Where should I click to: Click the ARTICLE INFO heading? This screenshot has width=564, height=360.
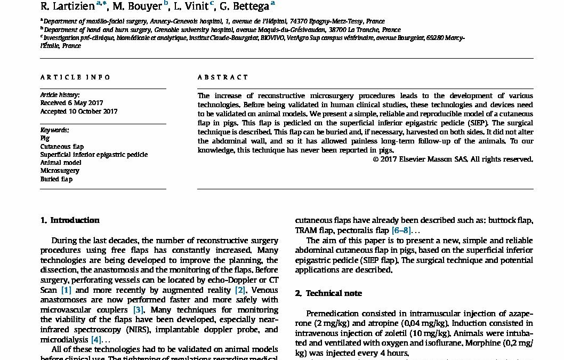(x=75, y=77)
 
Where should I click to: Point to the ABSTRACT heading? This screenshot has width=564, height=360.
(x=223, y=77)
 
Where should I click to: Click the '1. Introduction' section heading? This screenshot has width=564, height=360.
(x=70, y=220)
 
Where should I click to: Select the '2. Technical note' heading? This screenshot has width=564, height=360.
(x=328, y=293)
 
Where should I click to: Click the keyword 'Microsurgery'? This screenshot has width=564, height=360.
(x=60, y=171)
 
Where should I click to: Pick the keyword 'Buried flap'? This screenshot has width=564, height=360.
(x=57, y=179)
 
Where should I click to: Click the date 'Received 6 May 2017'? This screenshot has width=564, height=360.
(x=72, y=103)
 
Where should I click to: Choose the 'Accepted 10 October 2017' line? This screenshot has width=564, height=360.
(x=79, y=111)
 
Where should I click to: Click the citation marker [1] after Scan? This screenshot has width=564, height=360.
(x=66, y=290)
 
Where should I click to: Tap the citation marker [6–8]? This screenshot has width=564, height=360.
(x=401, y=230)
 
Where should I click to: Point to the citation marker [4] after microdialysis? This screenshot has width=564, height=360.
(x=96, y=339)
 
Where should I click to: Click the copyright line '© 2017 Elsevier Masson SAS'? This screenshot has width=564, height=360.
(x=453, y=159)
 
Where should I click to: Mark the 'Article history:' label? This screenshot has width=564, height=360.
(x=60, y=94)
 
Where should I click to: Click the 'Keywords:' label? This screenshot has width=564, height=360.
(x=54, y=130)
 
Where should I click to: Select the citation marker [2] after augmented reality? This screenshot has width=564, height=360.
(x=241, y=290)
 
